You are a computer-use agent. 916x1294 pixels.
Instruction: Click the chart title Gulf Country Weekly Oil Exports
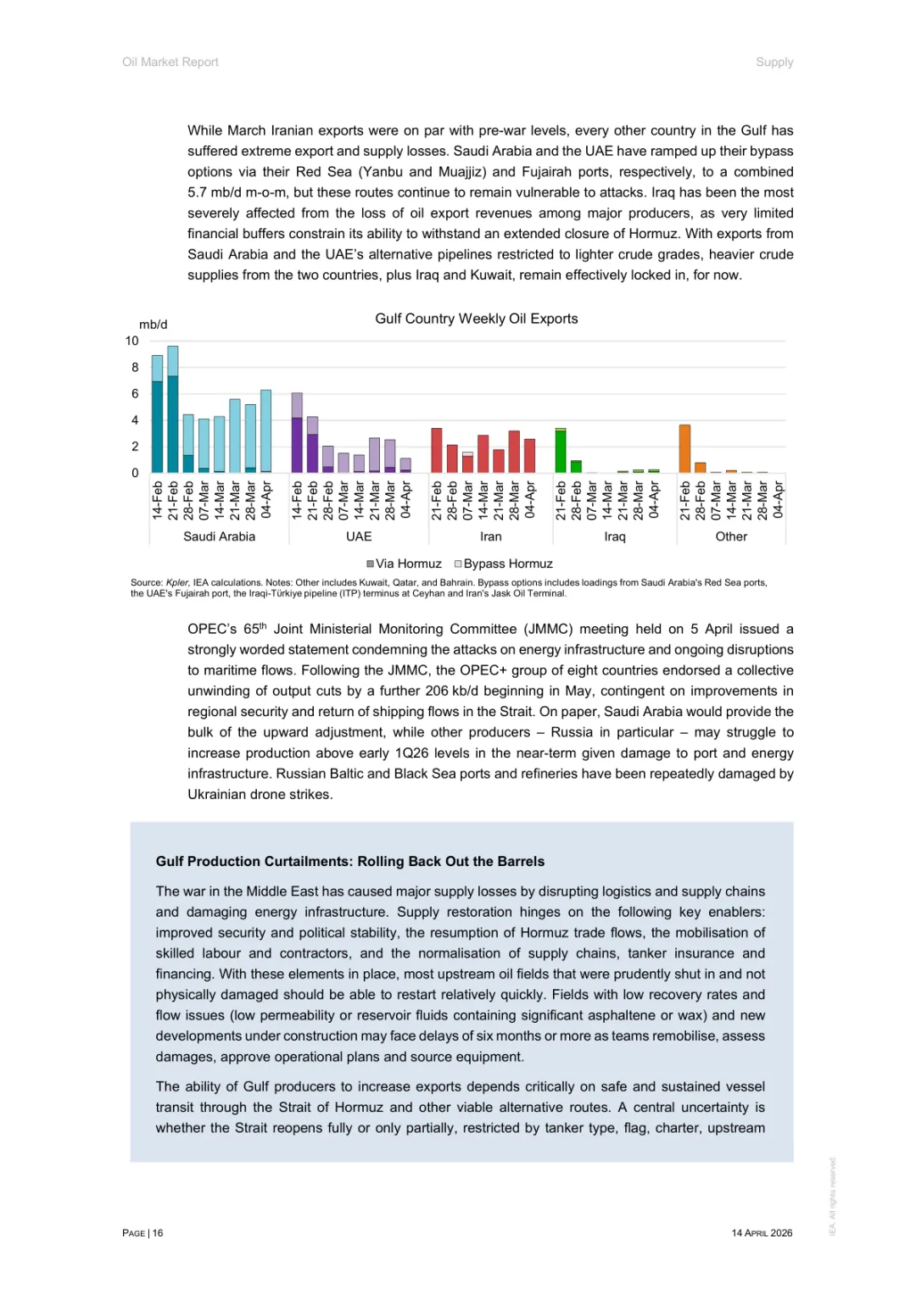[476, 319]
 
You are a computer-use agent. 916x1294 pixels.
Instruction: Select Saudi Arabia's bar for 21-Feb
[173, 409]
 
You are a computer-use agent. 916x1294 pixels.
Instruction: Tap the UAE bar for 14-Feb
[297, 433]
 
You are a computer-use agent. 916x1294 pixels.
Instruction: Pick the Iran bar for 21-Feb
[437, 450]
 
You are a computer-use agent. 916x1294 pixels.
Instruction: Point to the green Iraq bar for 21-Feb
[561, 451]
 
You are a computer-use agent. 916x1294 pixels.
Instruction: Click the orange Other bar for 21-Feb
[684, 448]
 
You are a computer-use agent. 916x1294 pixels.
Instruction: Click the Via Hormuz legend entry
[404, 564]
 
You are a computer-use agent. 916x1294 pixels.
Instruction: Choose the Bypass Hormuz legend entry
[504, 564]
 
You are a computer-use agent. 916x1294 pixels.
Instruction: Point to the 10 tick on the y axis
[132, 341]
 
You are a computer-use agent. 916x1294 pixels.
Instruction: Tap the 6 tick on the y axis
[135, 393]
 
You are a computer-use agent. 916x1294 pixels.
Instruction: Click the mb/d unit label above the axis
[154, 325]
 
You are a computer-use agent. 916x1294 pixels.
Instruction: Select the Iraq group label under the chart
[615, 536]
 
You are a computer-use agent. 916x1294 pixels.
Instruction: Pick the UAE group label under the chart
[359, 536]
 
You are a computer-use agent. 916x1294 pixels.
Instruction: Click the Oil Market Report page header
[170, 62]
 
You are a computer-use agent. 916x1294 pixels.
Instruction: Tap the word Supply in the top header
[774, 62]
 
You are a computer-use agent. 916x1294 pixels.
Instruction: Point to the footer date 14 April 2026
[762, 1233]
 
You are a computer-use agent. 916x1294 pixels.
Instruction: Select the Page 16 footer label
[142, 1233]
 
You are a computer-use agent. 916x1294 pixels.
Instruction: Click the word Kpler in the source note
[177, 583]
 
